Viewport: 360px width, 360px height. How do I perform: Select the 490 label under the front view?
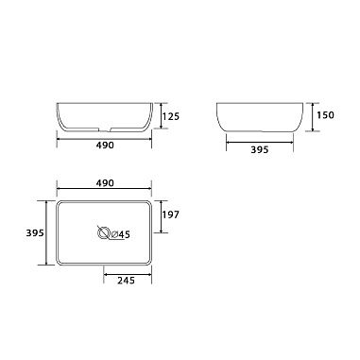104,146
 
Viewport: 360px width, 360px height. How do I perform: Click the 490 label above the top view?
104,182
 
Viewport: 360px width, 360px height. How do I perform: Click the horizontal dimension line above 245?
127,272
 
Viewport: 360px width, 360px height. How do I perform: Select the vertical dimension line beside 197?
162,216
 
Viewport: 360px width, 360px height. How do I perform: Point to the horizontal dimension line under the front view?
104,138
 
